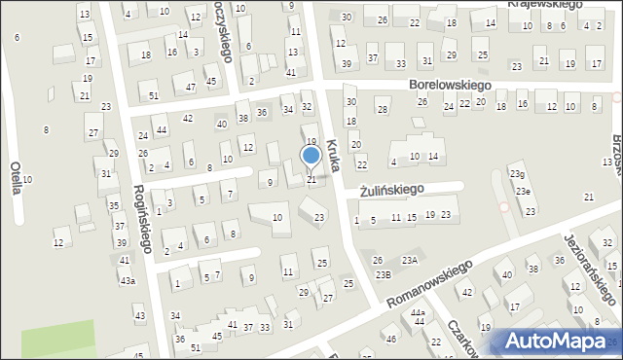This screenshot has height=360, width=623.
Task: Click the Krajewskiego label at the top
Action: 545,4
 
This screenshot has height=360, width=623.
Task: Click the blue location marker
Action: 311,156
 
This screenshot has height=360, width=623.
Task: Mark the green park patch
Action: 58,339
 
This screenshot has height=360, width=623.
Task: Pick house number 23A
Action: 411,260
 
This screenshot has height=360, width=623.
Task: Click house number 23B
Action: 384,274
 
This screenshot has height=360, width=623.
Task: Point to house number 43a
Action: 128,280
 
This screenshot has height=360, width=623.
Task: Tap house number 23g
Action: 516,174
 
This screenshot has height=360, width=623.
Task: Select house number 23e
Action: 524,191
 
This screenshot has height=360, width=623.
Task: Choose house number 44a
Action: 418,312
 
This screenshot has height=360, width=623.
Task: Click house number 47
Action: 191,87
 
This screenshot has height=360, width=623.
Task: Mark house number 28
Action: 383,108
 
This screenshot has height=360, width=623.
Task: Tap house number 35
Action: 114,205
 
